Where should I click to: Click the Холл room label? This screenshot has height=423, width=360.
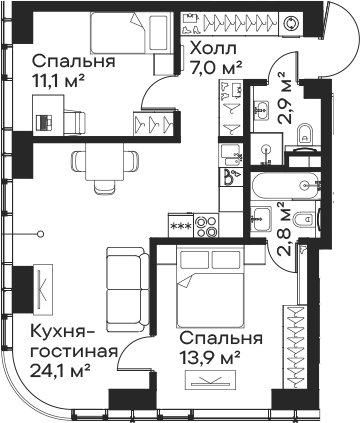coord(214,49)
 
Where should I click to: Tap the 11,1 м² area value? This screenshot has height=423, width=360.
coord(57,80)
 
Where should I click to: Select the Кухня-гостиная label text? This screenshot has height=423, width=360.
coord(74,341)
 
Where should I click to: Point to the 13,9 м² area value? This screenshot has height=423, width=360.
coord(210,358)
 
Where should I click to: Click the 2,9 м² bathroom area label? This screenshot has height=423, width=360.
coord(286,98)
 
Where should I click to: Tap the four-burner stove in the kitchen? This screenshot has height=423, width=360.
coord(206,226)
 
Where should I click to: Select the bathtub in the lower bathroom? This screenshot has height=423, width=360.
coord(286,185)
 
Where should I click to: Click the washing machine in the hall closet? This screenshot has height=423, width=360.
coord(291,23)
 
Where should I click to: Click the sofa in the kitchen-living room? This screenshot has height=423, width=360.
coord(128,289)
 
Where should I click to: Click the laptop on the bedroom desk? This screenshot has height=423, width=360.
coord(44,122)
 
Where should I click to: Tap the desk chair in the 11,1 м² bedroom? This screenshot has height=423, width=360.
coord(75,123)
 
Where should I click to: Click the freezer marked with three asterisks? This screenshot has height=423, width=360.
coord(181,225)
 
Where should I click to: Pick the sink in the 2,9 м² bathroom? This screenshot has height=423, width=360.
coord(261,108)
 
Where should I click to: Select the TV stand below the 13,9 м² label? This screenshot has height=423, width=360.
coord(210,380)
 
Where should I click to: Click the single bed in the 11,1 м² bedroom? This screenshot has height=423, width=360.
coord(131,33)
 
